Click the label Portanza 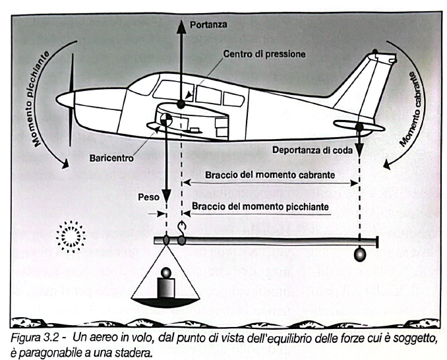[209, 24]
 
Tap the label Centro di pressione [263, 54]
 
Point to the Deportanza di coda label [317, 150]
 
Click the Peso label [147, 196]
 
